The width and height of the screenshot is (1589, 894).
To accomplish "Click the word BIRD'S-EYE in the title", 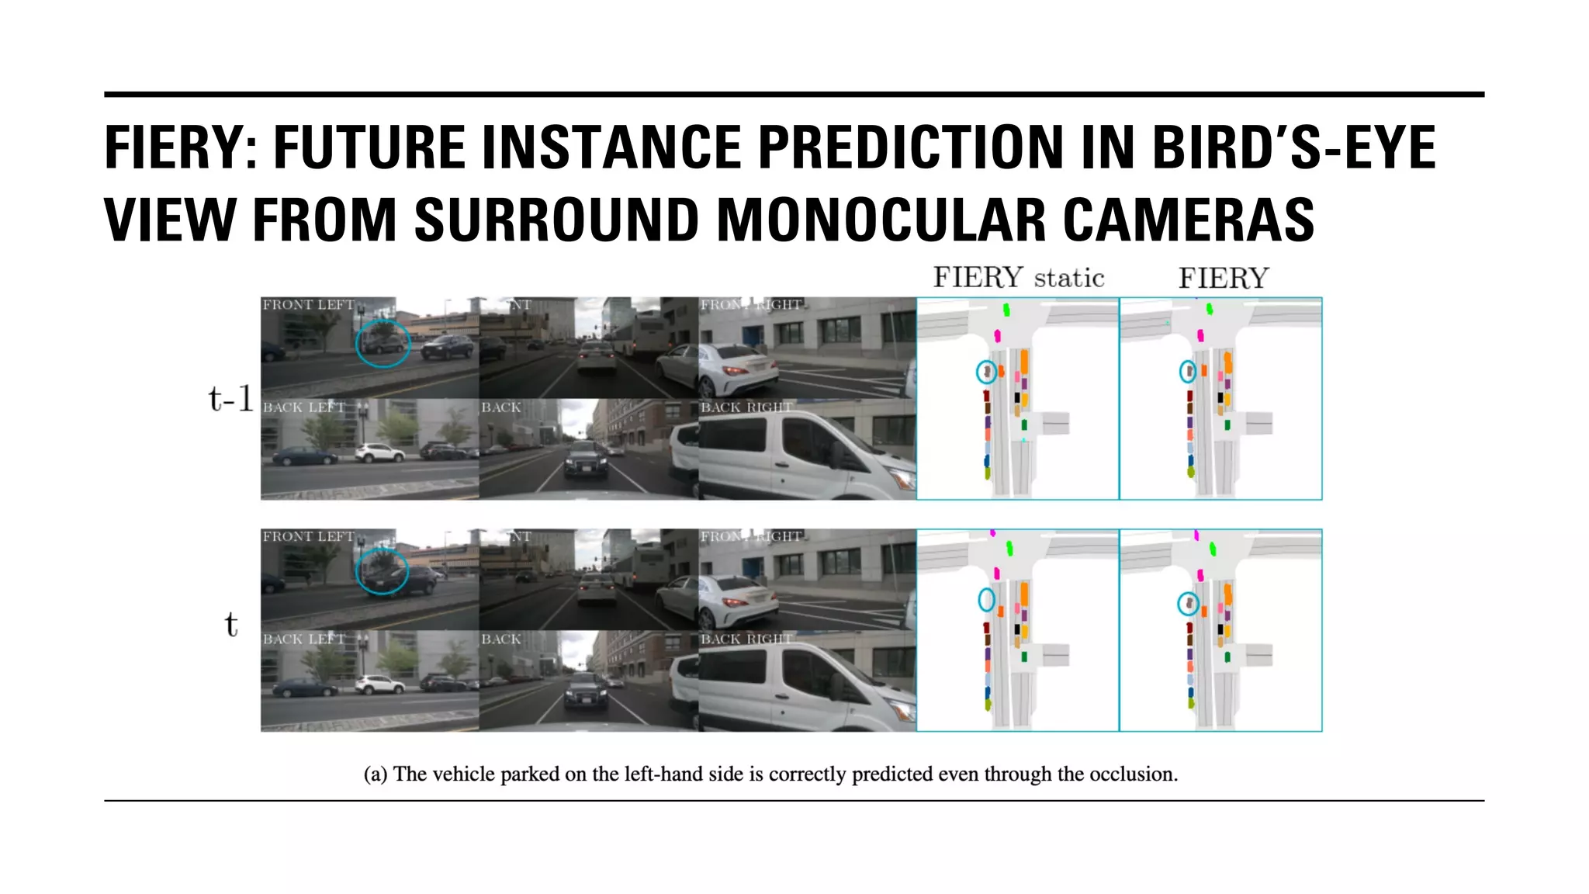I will [1293, 147].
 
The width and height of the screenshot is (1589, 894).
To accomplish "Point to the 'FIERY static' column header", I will [1018, 278].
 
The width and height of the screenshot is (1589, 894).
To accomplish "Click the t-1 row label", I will [230, 399].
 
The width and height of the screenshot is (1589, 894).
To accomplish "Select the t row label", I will [230, 624].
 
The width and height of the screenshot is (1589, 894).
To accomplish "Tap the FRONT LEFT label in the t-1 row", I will [308, 305].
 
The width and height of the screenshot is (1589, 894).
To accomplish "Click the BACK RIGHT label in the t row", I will [746, 639].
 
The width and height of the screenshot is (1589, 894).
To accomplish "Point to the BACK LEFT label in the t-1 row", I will [303, 407].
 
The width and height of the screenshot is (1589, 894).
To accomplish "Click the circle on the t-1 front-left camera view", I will [383, 343].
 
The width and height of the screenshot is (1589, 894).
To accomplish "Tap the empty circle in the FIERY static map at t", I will [986, 599].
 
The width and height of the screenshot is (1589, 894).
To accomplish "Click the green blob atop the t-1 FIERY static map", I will [1006, 310].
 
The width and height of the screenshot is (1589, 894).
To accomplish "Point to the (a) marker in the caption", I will [376, 774].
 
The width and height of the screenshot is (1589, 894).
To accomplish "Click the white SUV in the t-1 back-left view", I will [379, 452].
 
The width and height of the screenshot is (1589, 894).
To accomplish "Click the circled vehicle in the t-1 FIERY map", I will [1188, 372].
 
